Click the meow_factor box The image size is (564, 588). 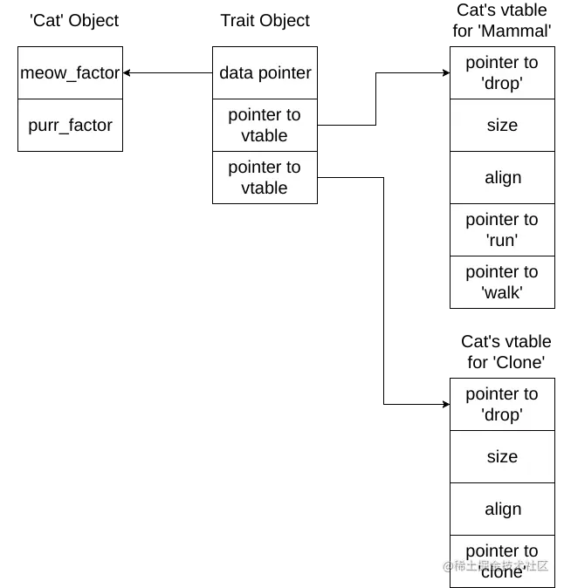point(70,73)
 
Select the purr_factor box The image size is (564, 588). point(70,126)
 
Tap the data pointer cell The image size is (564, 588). point(265,73)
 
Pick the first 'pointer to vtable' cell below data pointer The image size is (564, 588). point(265,126)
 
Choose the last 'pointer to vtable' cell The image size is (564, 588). point(265,178)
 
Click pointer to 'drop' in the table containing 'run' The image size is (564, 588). point(502,73)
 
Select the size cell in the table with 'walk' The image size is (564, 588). point(502,126)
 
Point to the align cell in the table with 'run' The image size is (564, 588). point(502,178)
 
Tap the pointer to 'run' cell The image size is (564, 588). point(502,230)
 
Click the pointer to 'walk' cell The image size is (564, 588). point(502,283)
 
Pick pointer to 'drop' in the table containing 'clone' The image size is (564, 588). point(502,405)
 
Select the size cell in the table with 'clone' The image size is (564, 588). point(502,457)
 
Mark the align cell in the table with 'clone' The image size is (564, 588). point(502,509)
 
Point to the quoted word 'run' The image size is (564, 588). point(502,241)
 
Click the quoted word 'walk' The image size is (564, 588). point(502,293)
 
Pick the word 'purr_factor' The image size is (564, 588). point(70,126)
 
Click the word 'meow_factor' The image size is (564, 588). point(70,73)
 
